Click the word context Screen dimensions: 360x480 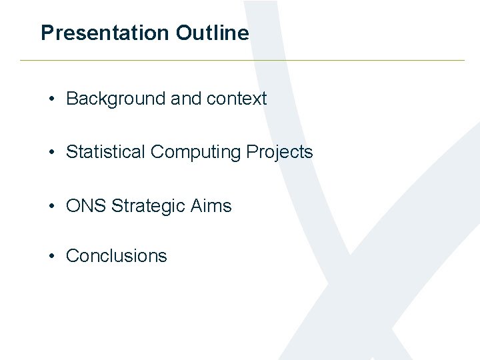(x=237, y=99)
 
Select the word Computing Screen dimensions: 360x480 (x=195, y=153)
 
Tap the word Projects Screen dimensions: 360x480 (x=279, y=153)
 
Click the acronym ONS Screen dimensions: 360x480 (x=86, y=206)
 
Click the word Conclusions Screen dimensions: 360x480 (x=117, y=256)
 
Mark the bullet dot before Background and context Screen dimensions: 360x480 (x=51, y=99)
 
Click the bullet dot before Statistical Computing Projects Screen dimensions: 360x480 (x=51, y=153)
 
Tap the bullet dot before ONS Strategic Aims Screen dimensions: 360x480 (x=51, y=207)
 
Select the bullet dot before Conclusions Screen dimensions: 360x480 (x=51, y=256)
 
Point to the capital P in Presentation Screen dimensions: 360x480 (x=47, y=33)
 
